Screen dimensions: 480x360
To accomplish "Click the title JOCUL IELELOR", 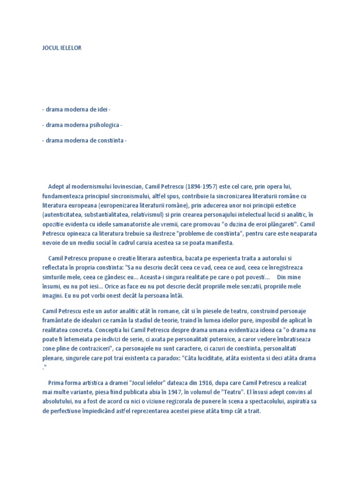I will coord(62,48).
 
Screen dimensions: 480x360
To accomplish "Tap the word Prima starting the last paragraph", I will coord(59,383).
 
